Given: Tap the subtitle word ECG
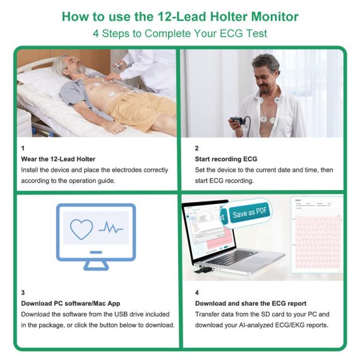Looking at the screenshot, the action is click(x=231, y=33).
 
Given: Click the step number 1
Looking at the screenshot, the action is click(x=23, y=148).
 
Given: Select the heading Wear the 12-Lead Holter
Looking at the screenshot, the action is click(x=58, y=159).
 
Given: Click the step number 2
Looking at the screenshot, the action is click(x=197, y=148).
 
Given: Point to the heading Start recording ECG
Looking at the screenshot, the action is click(x=226, y=159).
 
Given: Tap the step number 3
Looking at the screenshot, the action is click(x=23, y=292).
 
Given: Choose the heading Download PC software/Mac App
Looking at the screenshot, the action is click(x=71, y=304).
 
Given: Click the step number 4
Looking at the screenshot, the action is click(x=197, y=292).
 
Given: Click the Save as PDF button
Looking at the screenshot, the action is click(x=249, y=212).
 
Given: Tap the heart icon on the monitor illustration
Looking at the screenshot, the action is click(x=81, y=229).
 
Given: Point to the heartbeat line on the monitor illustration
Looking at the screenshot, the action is click(x=111, y=227).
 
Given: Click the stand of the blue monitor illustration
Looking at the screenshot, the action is click(x=96, y=266).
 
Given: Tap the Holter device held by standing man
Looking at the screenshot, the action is click(x=237, y=121).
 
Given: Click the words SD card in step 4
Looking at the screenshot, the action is click(x=273, y=315).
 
